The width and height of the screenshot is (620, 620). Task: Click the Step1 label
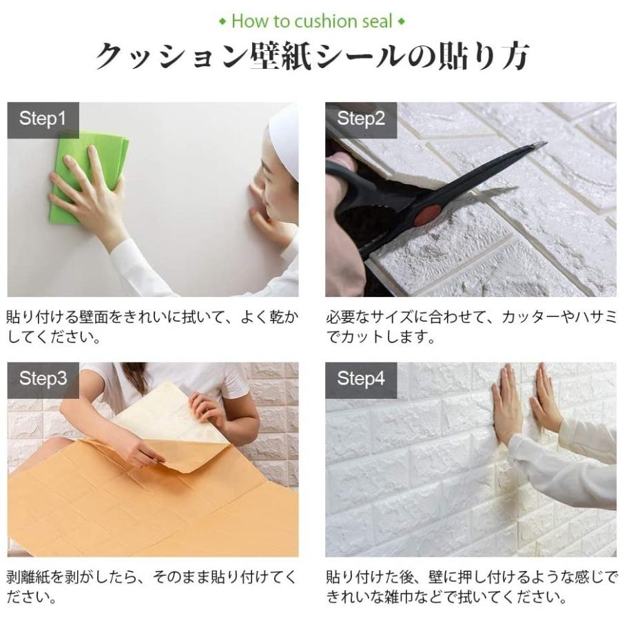point(43,118)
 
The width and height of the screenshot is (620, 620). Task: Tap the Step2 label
point(361,118)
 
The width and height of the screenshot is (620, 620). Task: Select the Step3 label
point(43,378)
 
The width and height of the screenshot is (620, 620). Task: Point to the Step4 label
point(361,378)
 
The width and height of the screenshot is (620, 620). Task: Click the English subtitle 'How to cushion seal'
point(311,21)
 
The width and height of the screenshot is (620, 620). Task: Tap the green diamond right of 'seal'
point(402,22)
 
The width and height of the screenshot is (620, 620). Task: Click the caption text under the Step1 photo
point(152,327)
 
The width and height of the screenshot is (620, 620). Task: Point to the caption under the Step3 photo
point(152,586)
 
